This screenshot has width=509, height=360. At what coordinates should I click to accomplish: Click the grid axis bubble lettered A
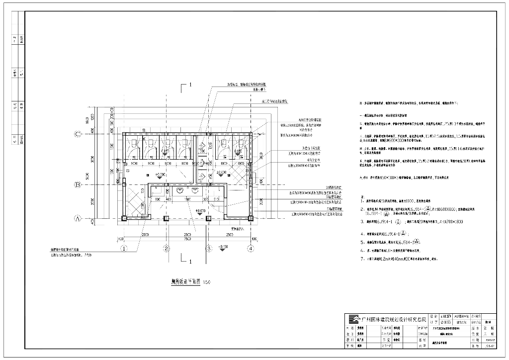click(x=78, y=218)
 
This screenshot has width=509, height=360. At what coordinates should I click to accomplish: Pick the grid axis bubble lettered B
click(x=78, y=185)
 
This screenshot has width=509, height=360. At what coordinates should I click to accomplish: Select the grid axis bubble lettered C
click(x=78, y=134)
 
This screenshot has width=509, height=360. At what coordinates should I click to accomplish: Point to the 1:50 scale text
click(x=207, y=282)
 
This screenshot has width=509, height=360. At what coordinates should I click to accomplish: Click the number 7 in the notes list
click(x=362, y=259)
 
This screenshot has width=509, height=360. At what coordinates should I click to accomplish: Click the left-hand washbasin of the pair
click(x=179, y=190)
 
